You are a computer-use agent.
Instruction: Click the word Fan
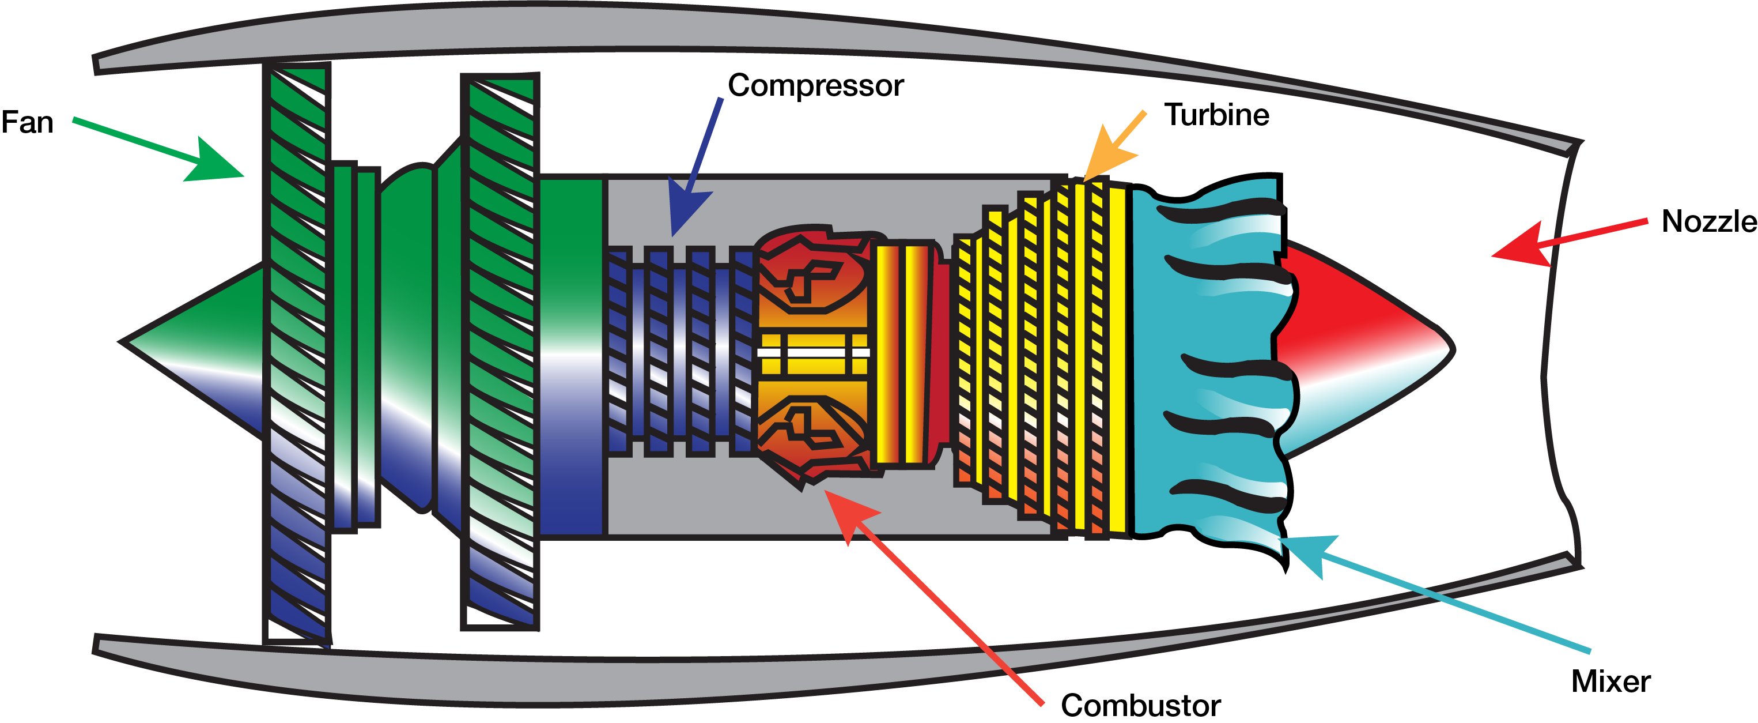click(x=27, y=123)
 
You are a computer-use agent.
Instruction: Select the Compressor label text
click(x=815, y=86)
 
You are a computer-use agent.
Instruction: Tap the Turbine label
click(x=1217, y=115)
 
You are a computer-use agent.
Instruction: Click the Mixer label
click(x=1610, y=681)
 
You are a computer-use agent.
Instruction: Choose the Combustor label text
click(x=1140, y=705)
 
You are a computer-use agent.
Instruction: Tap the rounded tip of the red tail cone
click(x=1452, y=349)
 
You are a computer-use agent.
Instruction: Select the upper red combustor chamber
click(x=812, y=270)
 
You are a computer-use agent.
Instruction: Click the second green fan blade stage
click(x=500, y=352)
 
